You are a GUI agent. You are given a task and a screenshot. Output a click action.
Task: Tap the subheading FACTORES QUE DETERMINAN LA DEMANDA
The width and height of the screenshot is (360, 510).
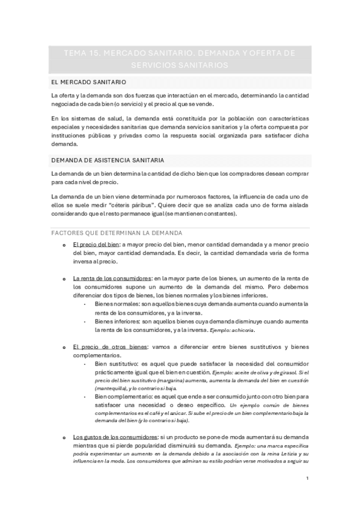tap(117, 232)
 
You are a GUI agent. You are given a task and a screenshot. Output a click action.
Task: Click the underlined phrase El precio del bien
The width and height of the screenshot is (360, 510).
tap(96, 245)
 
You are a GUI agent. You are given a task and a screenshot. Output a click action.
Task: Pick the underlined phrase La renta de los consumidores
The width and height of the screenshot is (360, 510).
tap(111, 278)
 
